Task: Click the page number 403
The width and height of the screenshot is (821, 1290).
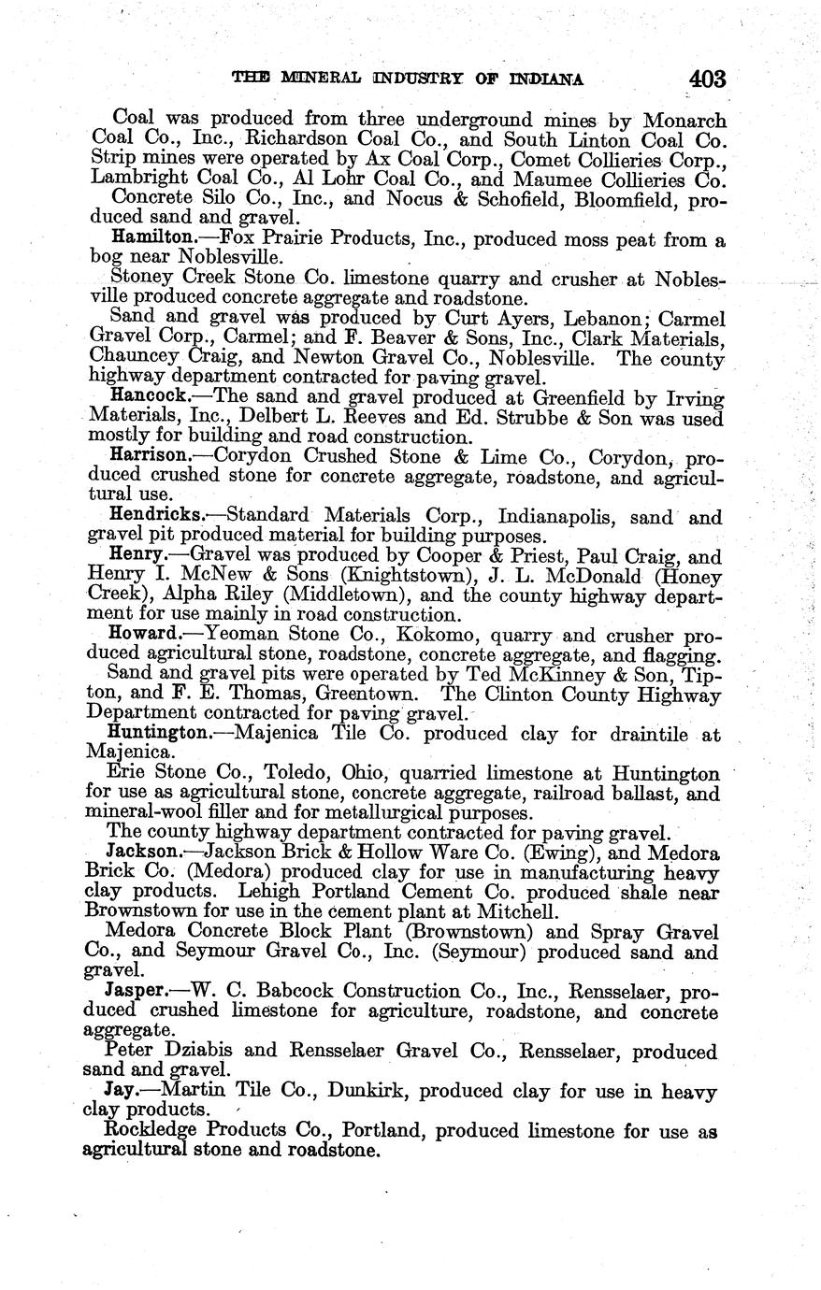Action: (707, 79)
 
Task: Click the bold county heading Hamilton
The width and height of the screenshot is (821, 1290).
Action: (151, 238)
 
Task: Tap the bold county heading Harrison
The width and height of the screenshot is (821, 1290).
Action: (149, 455)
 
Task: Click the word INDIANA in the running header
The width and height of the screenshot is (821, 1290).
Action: (545, 79)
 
